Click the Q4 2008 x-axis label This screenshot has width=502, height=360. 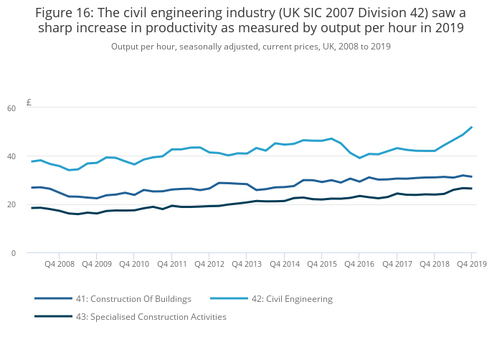coord(59,264)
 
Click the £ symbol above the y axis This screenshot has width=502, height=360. coord(29,103)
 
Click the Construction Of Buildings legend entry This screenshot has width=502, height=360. coord(133,298)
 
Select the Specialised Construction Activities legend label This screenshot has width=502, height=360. coord(151,316)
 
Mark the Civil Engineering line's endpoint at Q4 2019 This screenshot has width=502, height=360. coord(471,128)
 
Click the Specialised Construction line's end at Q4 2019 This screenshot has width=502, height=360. coord(471,189)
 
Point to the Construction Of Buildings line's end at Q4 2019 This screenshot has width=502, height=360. coord(471,176)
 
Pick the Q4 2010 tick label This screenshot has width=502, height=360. coord(134,264)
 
